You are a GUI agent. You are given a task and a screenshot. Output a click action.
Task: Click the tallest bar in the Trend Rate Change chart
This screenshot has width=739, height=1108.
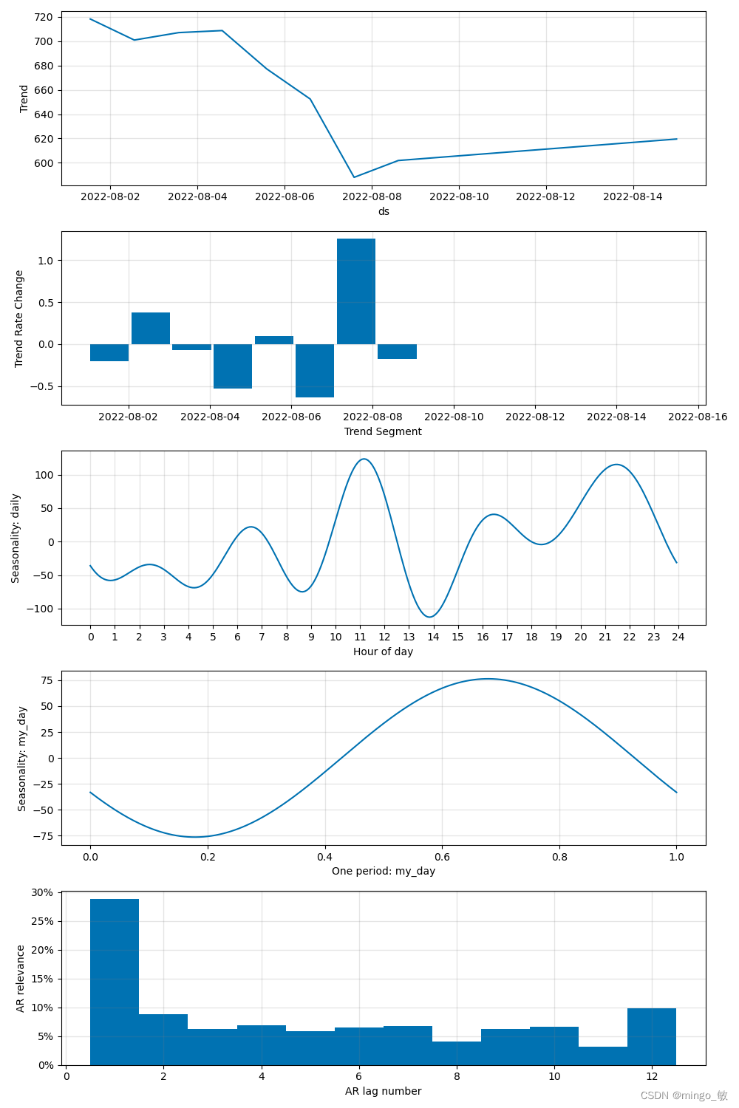tap(356, 291)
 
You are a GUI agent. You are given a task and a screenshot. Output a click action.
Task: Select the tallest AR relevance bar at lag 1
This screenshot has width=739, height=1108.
tap(115, 982)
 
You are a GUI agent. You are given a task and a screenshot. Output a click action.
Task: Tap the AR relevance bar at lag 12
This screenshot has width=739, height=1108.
tap(652, 1036)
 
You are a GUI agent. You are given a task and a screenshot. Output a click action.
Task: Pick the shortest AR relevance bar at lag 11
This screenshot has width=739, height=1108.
tap(603, 1056)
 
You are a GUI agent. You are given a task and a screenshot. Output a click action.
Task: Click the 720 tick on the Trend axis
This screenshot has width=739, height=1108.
tap(44, 17)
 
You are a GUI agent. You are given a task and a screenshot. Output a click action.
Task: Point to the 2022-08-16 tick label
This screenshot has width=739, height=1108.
tap(698, 417)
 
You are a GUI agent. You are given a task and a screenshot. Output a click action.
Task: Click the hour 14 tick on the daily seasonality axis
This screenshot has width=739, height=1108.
tap(433, 637)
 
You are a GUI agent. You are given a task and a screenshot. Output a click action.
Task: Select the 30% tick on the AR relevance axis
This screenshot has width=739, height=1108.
tap(42, 892)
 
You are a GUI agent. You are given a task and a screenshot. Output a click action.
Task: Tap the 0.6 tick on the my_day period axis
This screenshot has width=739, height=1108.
tap(442, 857)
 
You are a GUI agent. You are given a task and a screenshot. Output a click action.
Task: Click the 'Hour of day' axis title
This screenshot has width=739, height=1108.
tap(383, 652)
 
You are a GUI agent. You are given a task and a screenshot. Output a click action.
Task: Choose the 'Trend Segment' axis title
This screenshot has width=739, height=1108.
tap(383, 431)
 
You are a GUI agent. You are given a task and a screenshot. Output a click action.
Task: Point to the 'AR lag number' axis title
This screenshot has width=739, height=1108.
tap(383, 1091)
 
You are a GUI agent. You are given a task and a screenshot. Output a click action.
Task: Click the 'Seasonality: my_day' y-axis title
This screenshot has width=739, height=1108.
tap(22, 759)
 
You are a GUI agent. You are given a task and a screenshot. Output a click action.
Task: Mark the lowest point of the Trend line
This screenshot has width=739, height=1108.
tap(354, 177)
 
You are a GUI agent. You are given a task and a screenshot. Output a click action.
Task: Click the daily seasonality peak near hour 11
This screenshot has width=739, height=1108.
tap(364, 459)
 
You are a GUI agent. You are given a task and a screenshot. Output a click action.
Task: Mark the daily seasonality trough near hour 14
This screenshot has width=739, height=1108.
tap(430, 617)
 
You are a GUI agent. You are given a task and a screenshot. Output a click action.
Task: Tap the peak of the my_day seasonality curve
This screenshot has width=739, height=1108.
tap(488, 679)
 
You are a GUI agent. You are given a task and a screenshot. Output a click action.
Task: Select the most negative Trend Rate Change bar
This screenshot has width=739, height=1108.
tap(315, 371)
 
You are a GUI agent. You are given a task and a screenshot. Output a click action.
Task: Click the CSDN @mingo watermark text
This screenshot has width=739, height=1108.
tap(684, 1095)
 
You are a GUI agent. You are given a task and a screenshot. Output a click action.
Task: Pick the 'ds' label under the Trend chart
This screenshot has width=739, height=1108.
tap(384, 211)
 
